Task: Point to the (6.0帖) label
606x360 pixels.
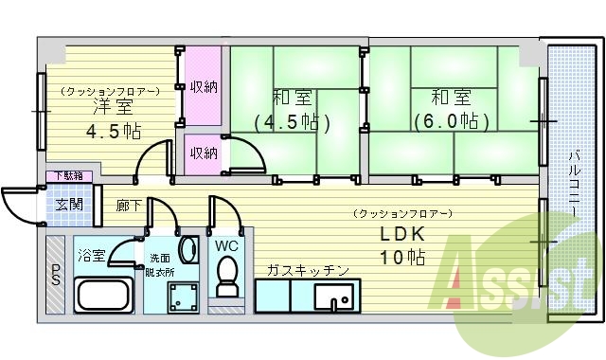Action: pyautogui.click(x=451, y=122)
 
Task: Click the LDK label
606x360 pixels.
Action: pyautogui.click(x=403, y=233)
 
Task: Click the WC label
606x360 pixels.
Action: pyautogui.click(x=226, y=246)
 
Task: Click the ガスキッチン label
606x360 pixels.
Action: pyautogui.click(x=308, y=270)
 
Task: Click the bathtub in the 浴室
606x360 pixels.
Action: pyautogui.click(x=102, y=295)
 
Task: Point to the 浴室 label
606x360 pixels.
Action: pyautogui.click(x=92, y=254)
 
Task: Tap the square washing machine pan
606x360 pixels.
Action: pyautogui.click(x=176, y=298)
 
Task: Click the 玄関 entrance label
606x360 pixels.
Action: pyautogui.click(x=68, y=204)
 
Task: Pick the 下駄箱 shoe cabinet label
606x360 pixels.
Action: pyautogui.click(x=67, y=175)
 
